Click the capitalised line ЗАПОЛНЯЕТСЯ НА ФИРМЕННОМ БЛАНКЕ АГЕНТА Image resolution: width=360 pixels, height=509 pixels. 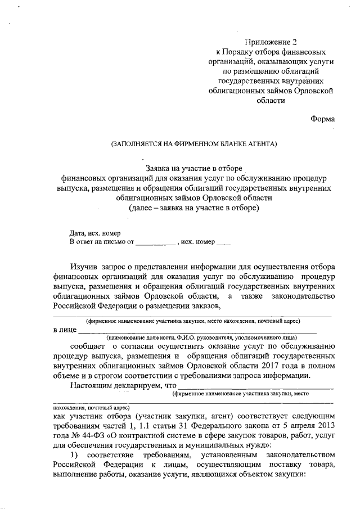click(x=195, y=144)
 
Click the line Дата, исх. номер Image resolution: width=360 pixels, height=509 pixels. click(x=95, y=233)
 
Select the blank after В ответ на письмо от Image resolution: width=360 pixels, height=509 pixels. click(x=156, y=242)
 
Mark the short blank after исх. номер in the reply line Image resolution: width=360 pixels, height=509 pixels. click(x=223, y=242)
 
